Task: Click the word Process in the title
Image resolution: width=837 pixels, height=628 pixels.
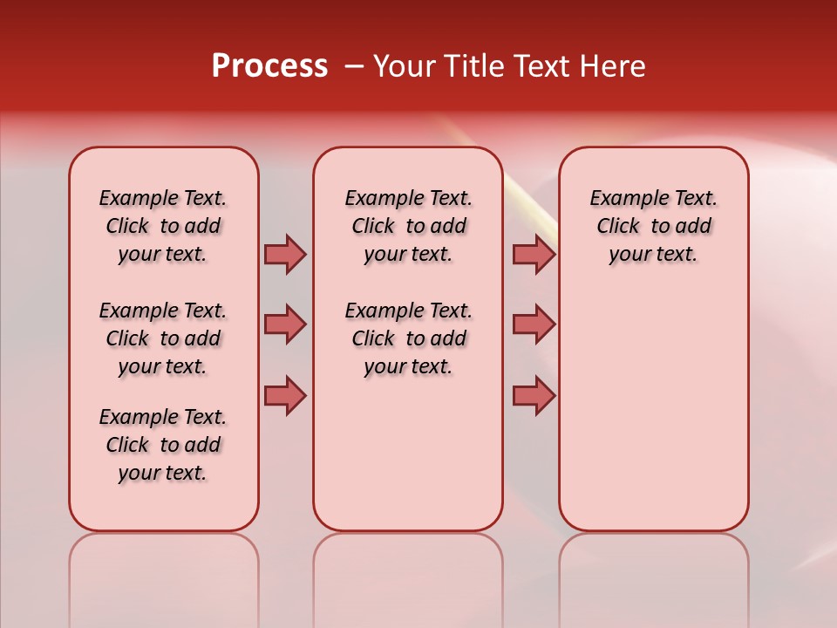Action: [x=269, y=66]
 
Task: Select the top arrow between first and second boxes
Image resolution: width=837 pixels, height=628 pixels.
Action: [x=285, y=254]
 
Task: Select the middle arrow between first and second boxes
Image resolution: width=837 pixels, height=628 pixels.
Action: [x=285, y=324]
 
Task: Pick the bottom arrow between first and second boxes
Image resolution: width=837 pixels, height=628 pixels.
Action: [x=285, y=395]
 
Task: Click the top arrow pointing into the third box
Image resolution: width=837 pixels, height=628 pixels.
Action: [x=534, y=254]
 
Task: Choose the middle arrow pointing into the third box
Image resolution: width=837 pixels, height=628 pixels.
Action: [x=534, y=324]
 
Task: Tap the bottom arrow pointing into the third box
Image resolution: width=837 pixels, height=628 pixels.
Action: [x=534, y=395]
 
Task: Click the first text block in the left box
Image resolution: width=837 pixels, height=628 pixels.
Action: [x=163, y=226]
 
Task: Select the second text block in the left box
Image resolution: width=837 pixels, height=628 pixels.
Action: [x=163, y=338]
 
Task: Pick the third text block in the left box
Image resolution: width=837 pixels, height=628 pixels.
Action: [x=163, y=445]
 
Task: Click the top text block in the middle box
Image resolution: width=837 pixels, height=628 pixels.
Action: [x=408, y=226]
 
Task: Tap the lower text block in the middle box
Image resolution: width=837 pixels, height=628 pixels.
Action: [x=408, y=338]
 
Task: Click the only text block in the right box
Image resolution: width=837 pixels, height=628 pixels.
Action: [x=653, y=226]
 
